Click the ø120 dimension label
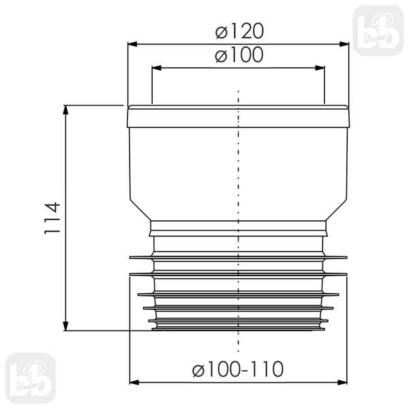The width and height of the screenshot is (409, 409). click(239, 31)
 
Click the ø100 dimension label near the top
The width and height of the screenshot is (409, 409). click(239, 55)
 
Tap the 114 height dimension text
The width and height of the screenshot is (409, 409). click(52, 218)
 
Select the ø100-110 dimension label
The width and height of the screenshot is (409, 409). click(238, 369)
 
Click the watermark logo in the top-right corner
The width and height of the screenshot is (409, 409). click(378, 31)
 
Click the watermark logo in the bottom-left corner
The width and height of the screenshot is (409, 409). click(31, 378)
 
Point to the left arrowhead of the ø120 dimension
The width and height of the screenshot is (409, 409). click(132, 44)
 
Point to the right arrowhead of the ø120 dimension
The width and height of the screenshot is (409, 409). click(344, 44)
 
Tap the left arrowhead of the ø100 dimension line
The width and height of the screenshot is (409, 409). click(157, 67)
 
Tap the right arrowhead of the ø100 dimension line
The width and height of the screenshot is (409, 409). click(320, 67)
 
